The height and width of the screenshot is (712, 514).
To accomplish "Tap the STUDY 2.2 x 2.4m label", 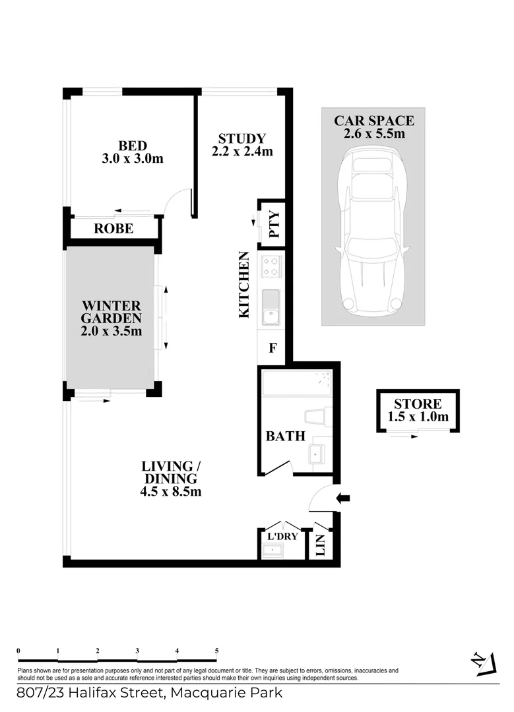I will pyautogui.click(x=241, y=144).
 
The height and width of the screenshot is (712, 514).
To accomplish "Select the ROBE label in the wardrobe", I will pyautogui.click(x=113, y=229).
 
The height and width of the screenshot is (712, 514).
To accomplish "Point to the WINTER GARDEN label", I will pyautogui.click(x=112, y=318).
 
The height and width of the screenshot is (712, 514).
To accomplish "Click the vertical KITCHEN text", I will pyautogui.click(x=243, y=285).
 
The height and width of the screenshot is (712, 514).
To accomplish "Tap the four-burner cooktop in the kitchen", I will pyautogui.click(x=271, y=266).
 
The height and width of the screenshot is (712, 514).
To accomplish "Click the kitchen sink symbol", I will pyautogui.click(x=271, y=309).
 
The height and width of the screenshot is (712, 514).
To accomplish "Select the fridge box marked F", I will pyautogui.click(x=271, y=347).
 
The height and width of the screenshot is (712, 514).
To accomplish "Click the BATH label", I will pyautogui.click(x=285, y=436).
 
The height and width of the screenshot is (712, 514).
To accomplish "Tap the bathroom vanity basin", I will pyautogui.click(x=317, y=454).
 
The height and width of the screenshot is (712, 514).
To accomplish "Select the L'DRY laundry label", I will pyautogui.click(x=282, y=536).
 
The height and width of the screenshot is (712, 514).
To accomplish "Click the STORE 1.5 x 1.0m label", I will pyautogui.click(x=417, y=410).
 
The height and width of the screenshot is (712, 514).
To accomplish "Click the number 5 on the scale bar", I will pyautogui.click(x=216, y=651).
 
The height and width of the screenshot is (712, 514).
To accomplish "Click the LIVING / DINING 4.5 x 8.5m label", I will pyautogui.click(x=171, y=479).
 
